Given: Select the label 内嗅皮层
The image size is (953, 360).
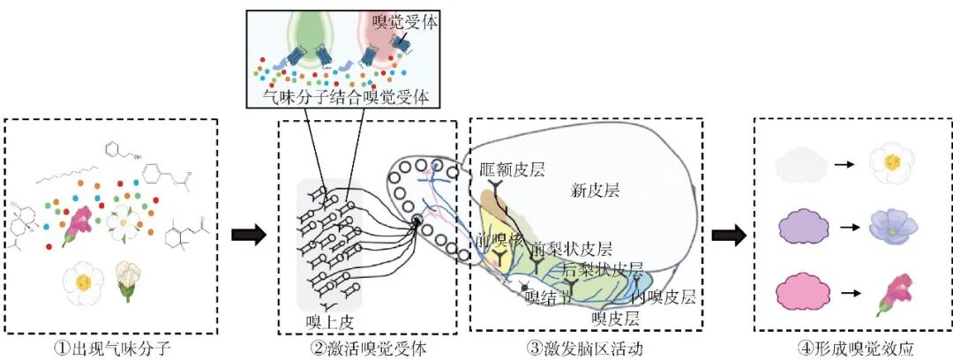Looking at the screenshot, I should click(x=664, y=296).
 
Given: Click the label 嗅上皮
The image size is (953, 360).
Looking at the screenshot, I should click(x=323, y=320).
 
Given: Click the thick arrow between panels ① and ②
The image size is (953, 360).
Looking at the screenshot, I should click(x=248, y=236).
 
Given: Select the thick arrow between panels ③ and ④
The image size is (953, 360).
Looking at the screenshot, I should click(x=728, y=236).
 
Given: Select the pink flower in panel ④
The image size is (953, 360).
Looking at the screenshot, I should click(x=893, y=294).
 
